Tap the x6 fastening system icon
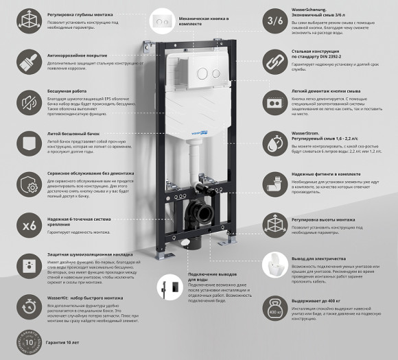coord(29,225)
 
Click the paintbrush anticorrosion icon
coord(29,62)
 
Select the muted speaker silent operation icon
coord(29,103)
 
